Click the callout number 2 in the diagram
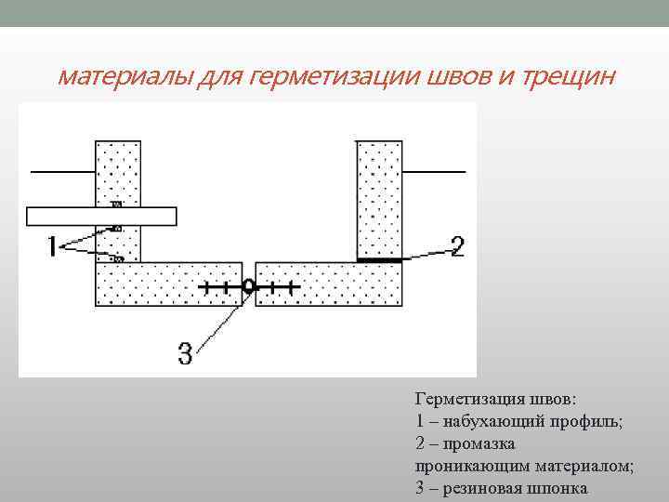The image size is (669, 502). (x=456, y=246)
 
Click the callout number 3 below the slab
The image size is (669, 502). (x=185, y=352)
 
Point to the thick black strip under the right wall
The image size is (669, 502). (x=379, y=261)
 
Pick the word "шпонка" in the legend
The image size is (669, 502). (x=557, y=488)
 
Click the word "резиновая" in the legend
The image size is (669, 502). (x=480, y=488)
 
